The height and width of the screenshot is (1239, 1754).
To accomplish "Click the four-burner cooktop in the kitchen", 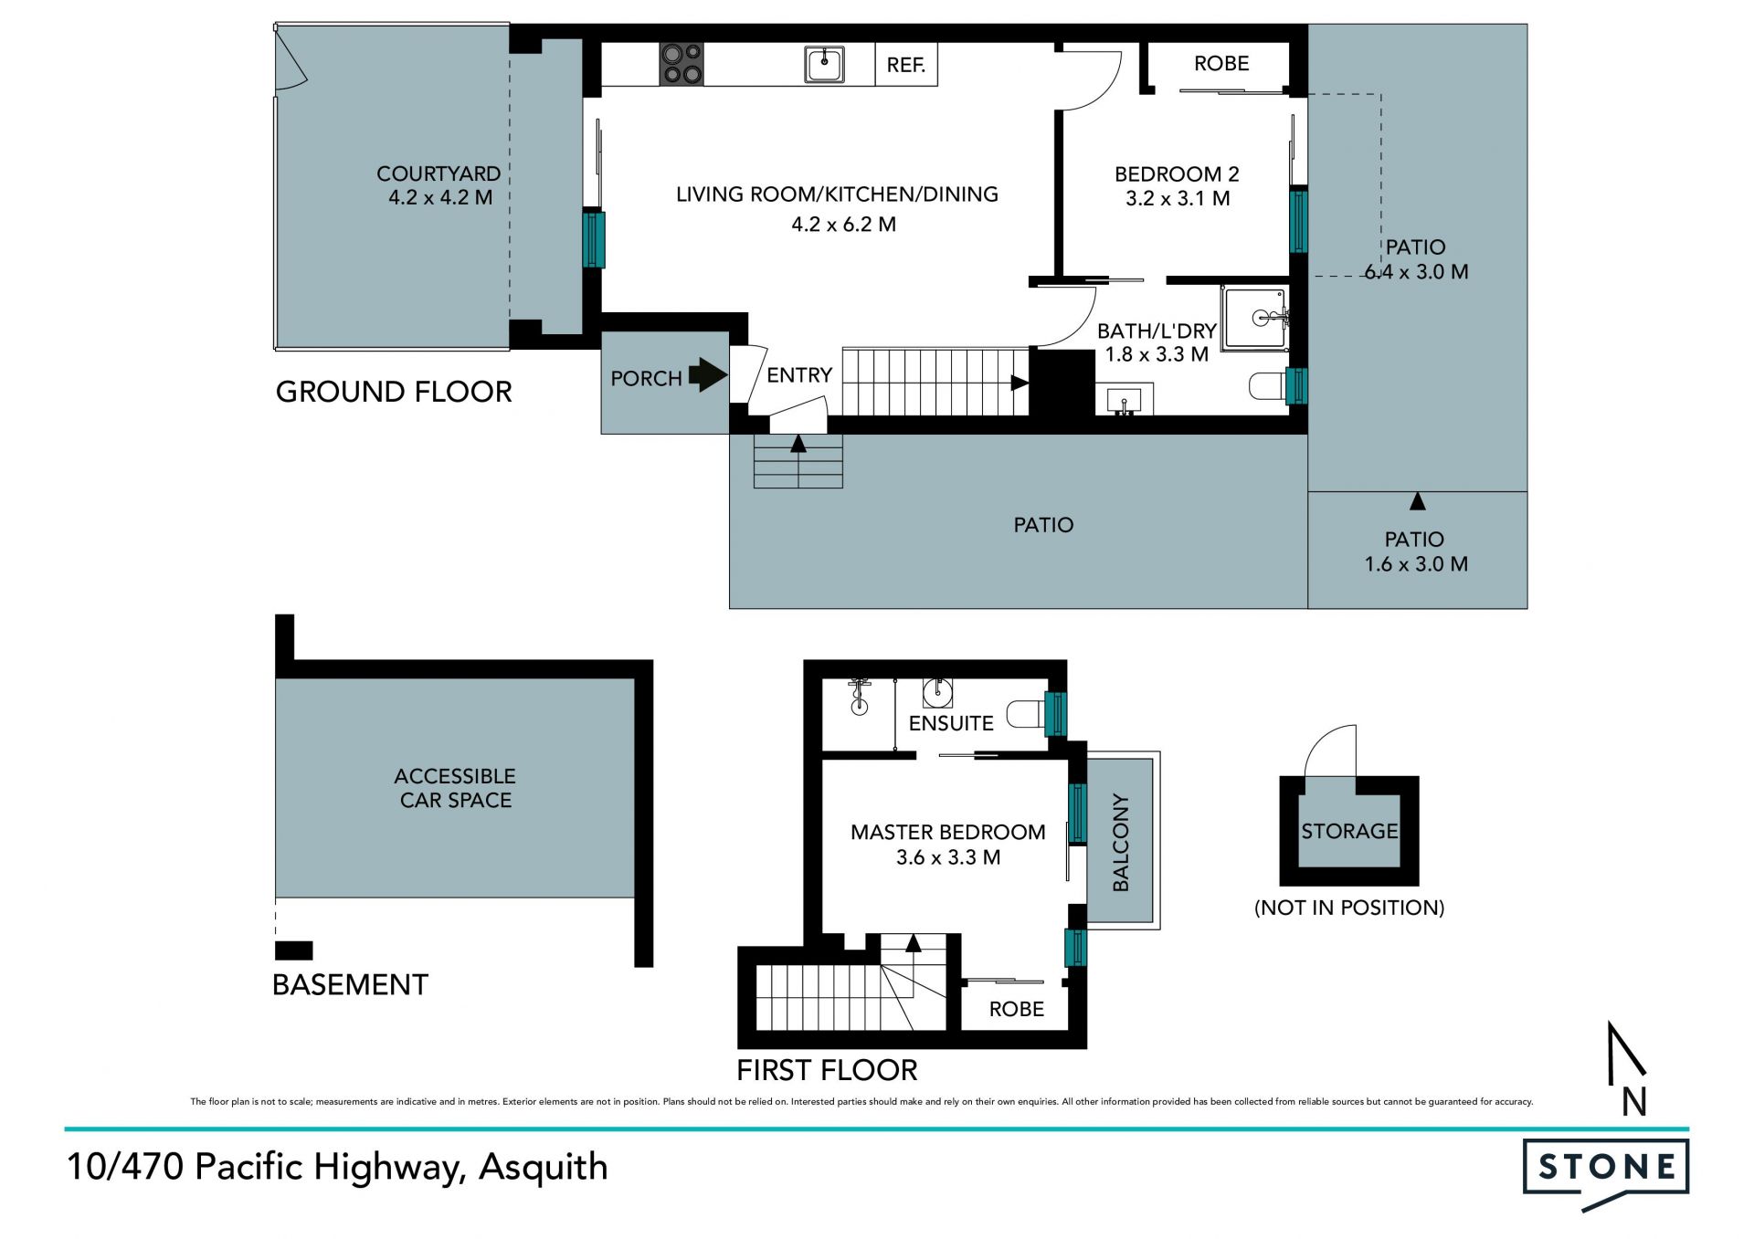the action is pyautogui.click(x=682, y=64).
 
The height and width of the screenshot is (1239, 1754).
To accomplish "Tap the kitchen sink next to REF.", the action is pyautogui.click(x=824, y=65).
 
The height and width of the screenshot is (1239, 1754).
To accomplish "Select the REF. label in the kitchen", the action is pyautogui.click(x=906, y=65).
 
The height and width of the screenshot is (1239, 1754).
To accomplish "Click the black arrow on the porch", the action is pyautogui.click(x=707, y=374).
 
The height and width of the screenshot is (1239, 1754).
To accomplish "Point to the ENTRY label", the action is pyautogui.click(x=799, y=375).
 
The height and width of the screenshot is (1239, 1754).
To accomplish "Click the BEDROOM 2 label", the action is pyautogui.click(x=1177, y=173).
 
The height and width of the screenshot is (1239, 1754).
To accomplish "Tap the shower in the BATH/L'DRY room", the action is pyautogui.click(x=1256, y=319).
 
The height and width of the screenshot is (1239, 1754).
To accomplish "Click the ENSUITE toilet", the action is pyautogui.click(x=1026, y=714).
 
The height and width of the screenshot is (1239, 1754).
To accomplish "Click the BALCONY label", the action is pyautogui.click(x=1121, y=842).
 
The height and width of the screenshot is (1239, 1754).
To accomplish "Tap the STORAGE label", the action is pyautogui.click(x=1349, y=831).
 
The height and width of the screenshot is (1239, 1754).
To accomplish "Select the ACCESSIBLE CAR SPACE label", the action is pyautogui.click(x=455, y=788).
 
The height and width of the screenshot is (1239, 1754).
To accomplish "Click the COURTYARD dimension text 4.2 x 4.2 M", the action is pyautogui.click(x=440, y=197).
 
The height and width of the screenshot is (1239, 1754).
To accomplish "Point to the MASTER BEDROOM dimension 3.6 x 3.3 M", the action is pyautogui.click(x=948, y=857).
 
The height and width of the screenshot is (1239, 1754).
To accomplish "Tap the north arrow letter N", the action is pyautogui.click(x=1634, y=1102).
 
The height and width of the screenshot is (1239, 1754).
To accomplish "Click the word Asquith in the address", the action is pyautogui.click(x=544, y=1168).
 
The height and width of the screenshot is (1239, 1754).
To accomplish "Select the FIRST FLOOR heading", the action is pyautogui.click(x=827, y=1070).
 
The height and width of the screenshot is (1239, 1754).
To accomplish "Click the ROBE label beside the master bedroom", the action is pyautogui.click(x=1016, y=1009).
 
